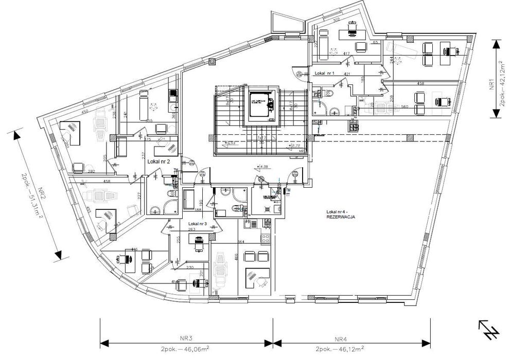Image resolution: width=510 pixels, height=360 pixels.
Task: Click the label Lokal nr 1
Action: [325, 74]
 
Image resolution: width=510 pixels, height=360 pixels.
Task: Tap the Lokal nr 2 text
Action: [159, 161]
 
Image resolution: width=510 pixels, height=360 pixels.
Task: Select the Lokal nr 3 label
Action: [197, 224]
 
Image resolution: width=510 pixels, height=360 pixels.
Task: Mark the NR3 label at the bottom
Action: [186, 338]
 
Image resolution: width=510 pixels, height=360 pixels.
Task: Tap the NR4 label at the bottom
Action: [341, 338]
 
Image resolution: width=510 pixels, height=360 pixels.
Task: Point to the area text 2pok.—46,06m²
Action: [186, 348]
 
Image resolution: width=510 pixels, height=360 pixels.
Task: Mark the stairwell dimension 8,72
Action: [296, 146]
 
